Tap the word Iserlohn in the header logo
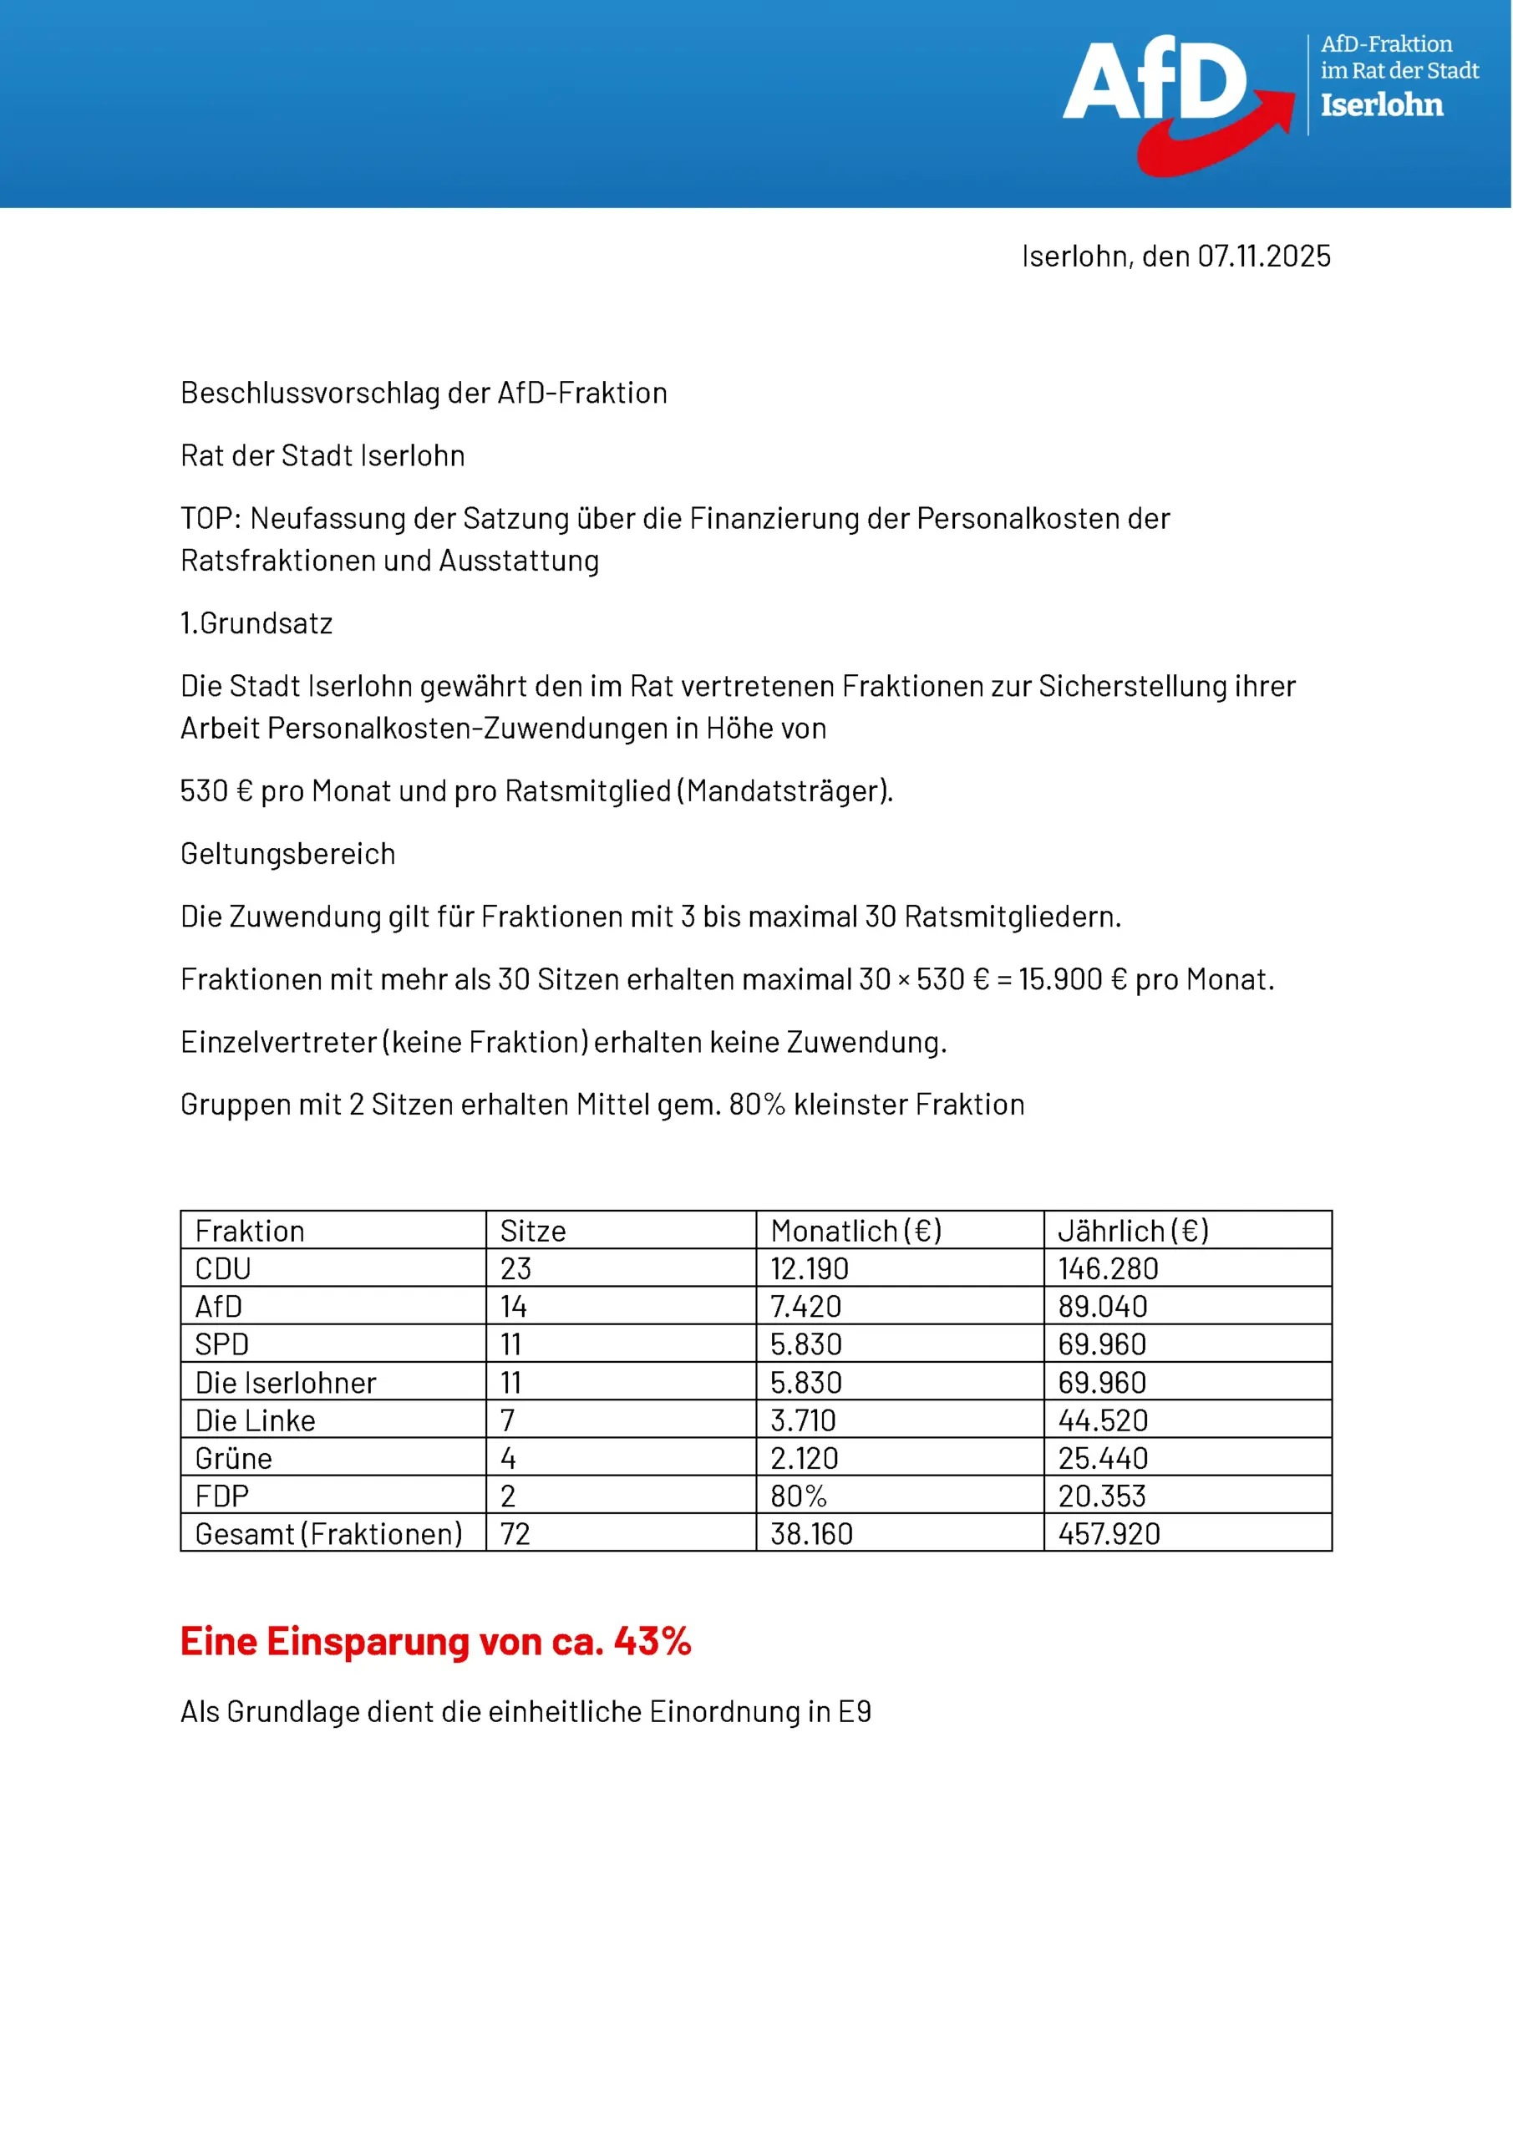coord(1382,104)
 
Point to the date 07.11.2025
coord(1263,257)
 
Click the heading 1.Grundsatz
coord(256,623)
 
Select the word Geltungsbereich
coord(288,853)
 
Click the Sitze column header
coord(533,1231)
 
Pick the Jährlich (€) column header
coord(1133,1231)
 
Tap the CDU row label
coord(223,1269)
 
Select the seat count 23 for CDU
coord(515,1269)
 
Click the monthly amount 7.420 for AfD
coord(805,1307)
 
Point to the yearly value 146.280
coord(1108,1269)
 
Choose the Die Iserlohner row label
coord(285,1383)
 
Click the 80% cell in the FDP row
coord(799,1496)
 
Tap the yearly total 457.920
coord(1109,1534)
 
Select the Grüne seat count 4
coord(508,1458)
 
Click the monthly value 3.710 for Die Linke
coord(802,1420)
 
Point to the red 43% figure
coord(652,1642)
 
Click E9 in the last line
coord(855,1712)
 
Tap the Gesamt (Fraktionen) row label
coord(328,1534)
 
